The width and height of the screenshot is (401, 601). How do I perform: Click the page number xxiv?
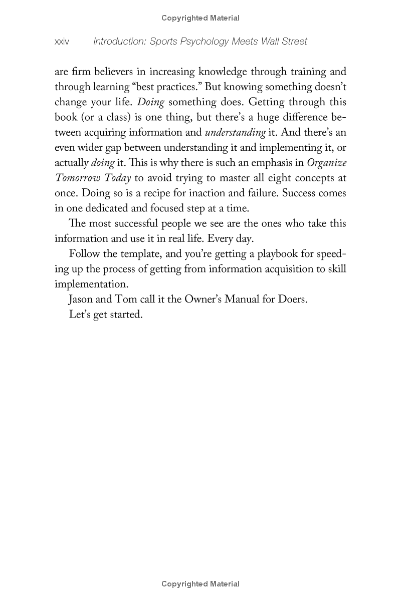[x=62, y=42]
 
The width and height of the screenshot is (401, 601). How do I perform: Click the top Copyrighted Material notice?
[x=200, y=18]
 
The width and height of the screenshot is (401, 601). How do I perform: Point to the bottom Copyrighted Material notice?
[x=200, y=584]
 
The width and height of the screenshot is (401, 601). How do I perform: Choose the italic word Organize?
[x=326, y=163]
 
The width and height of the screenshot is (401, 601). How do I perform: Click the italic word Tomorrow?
[x=76, y=178]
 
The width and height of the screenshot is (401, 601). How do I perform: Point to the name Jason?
[x=81, y=299]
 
